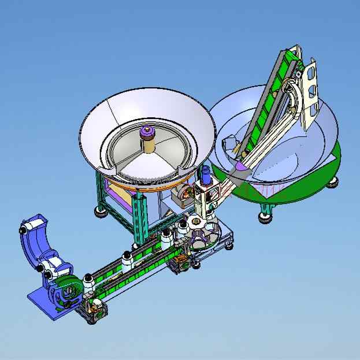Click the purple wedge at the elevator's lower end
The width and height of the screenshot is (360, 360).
tap(238, 167)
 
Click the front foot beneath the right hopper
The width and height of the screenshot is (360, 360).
tap(265, 216)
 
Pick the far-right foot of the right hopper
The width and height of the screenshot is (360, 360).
tap(333, 182)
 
